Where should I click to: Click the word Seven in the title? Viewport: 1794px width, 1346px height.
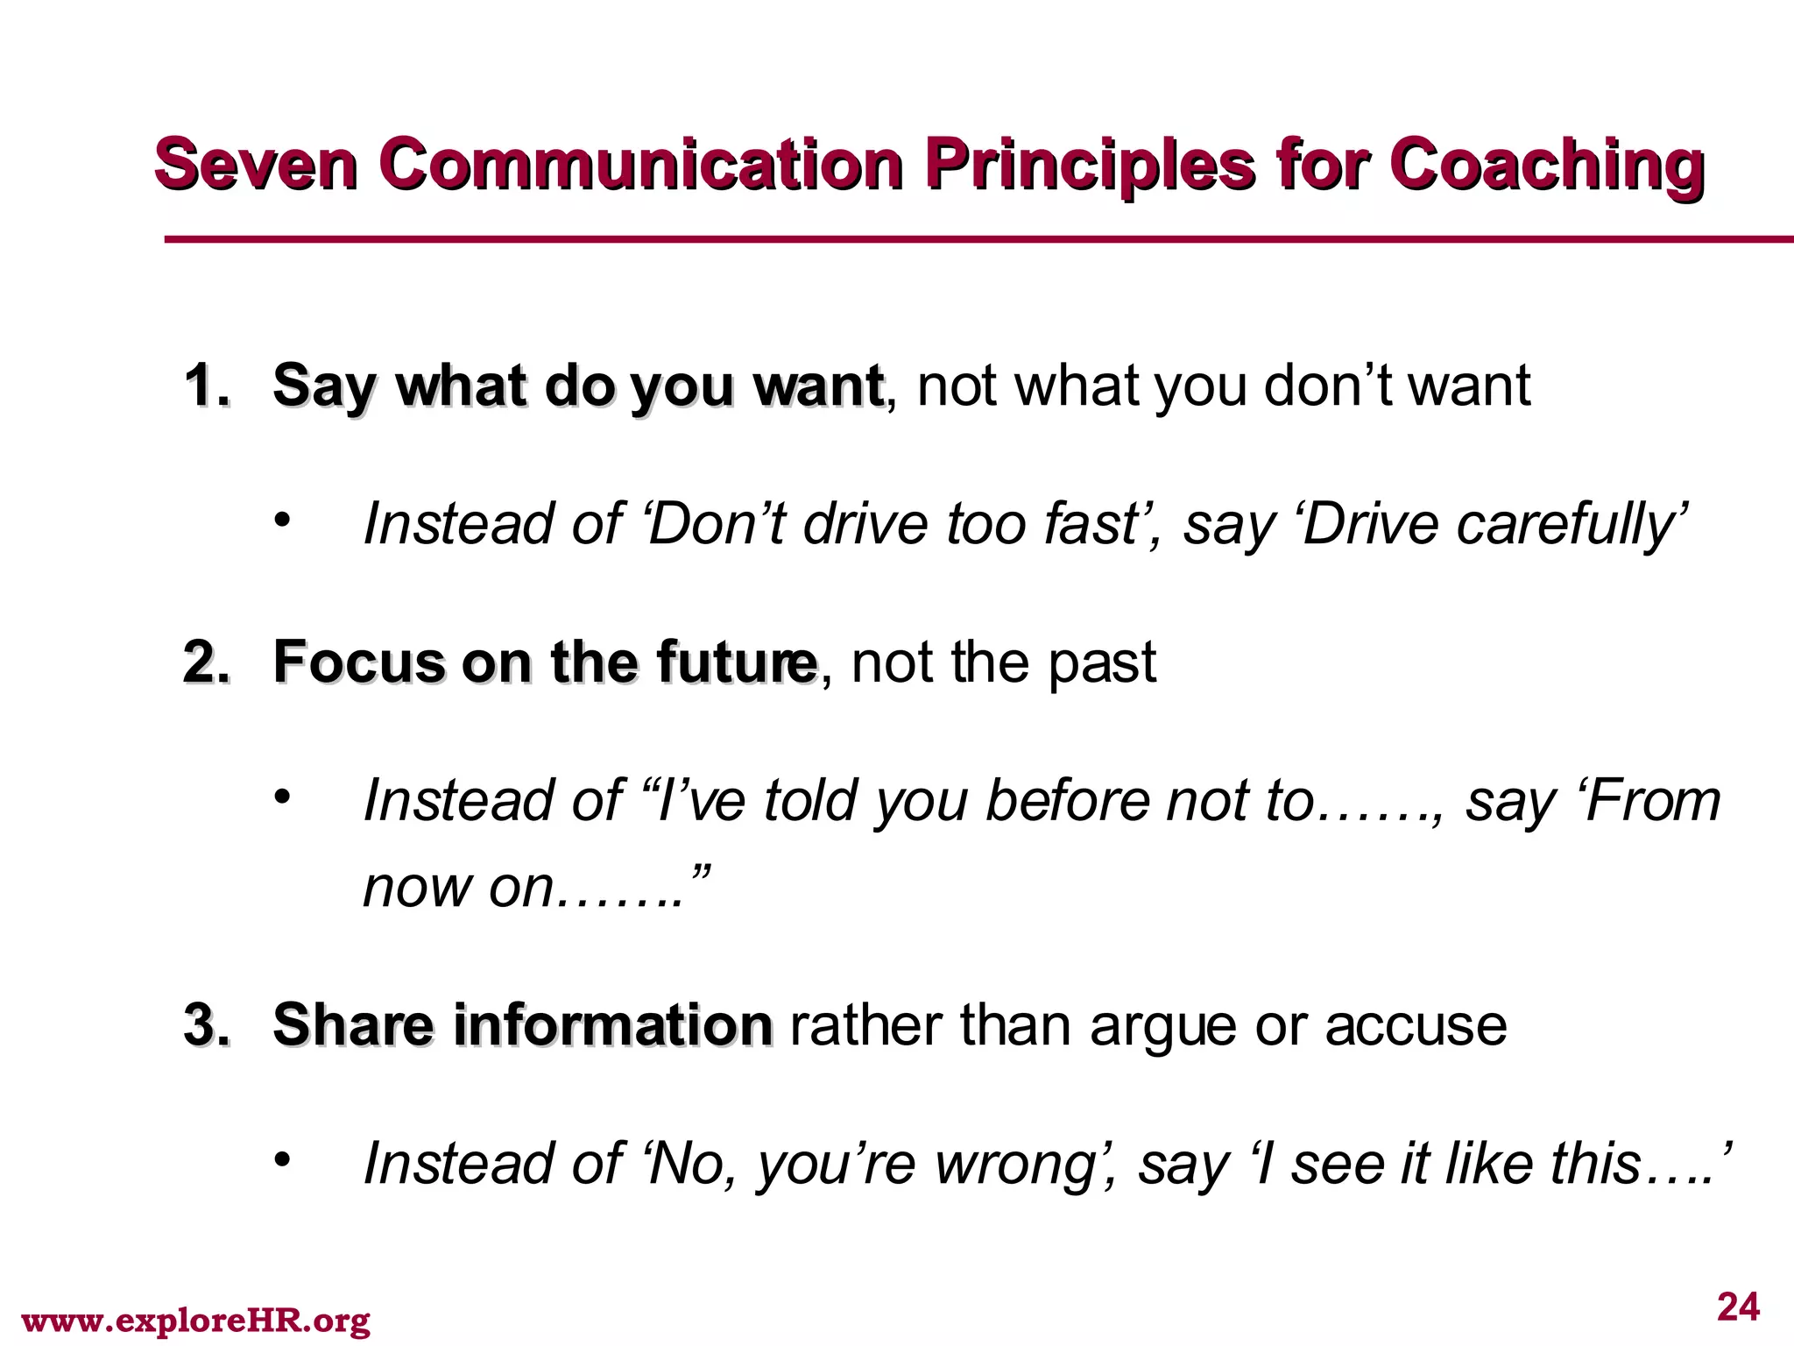click(256, 165)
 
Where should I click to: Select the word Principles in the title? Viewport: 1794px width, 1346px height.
click(1090, 166)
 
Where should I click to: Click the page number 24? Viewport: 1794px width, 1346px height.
click(1738, 1307)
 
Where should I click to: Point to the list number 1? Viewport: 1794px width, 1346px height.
click(208, 386)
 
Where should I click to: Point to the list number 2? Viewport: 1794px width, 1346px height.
click(208, 662)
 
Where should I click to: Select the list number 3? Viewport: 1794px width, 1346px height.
click(208, 1025)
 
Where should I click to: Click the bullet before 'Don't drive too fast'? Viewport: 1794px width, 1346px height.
click(281, 521)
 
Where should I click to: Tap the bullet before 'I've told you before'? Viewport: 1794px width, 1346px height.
click(281, 797)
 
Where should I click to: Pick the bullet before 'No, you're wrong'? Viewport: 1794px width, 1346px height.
click(281, 1160)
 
